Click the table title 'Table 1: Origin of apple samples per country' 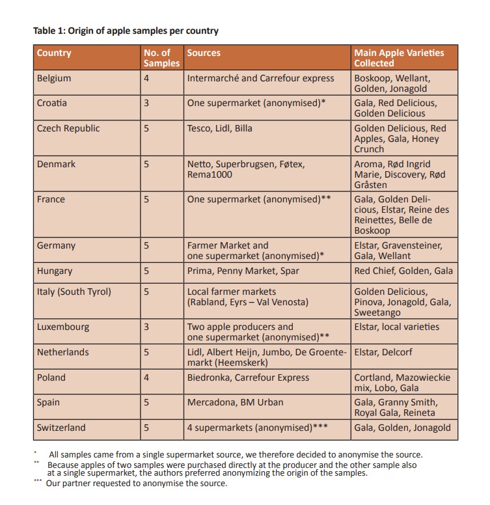pos(126,31)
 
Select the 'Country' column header pos(54,53)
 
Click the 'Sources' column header pos(204,53)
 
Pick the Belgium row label pos(54,78)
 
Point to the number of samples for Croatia pos(146,103)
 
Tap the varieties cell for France pos(402,215)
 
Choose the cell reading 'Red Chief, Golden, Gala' pos(403,271)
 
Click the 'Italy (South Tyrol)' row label pos(74,292)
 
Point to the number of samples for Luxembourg pos(146,327)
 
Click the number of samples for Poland pos(146,377)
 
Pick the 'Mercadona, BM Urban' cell pos(235,402)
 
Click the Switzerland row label pos(61,428)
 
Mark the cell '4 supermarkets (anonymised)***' pos(257,428)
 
